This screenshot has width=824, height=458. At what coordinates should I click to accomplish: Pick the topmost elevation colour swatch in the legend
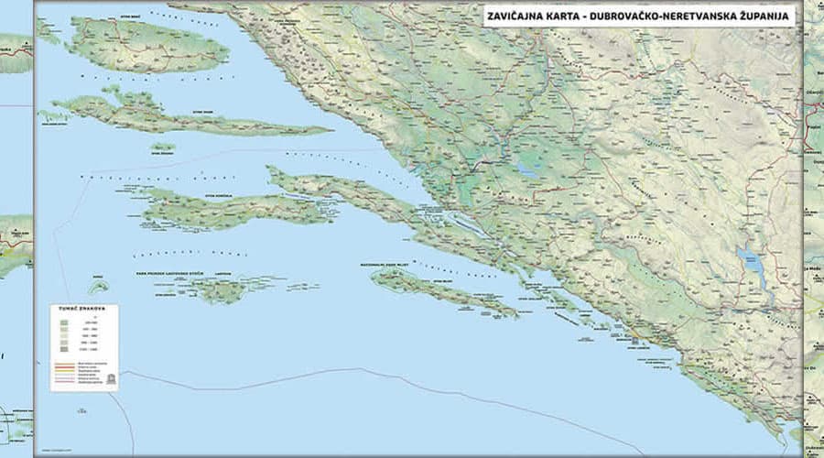click(64, 322)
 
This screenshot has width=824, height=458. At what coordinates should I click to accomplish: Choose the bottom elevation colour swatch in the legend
click(64, 349)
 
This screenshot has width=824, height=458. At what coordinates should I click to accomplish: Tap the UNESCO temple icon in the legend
click(110, 377)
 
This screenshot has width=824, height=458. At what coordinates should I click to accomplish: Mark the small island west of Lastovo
click(99, 287)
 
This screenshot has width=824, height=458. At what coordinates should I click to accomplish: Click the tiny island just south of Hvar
click(163, 147)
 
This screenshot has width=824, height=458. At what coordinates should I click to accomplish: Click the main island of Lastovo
click(220, 290)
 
